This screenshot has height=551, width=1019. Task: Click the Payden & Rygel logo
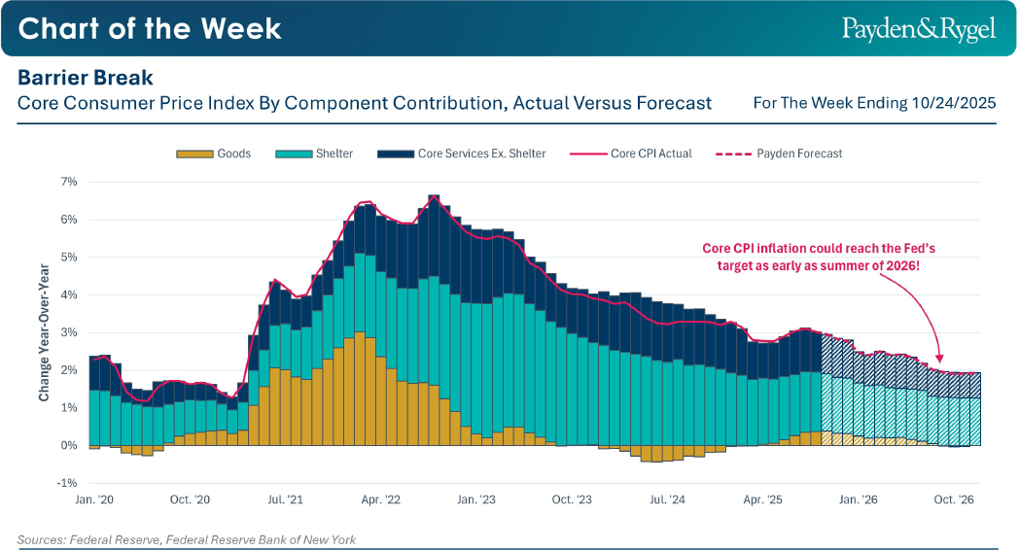pyautogui.click(x=918, y=29)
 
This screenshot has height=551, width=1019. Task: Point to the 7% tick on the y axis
pyautogui.click(x=69, y=182)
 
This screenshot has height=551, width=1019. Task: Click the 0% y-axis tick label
pyautogui.click(x=69, y=445)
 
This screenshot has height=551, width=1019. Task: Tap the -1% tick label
pyautogui.click(x=67, y=483)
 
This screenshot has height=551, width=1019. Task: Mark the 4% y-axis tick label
pyautogui.click(x=69, y=294)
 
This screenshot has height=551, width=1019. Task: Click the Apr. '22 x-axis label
pyautogui.click(x=380, y=499)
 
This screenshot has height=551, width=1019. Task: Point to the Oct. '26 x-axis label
pyautogui.click(x=954, y=499)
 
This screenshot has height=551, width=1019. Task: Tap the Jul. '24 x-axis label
pyautogui.click(x=667, y=499)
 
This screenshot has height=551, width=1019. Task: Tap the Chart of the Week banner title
pyautogui.click(x=150, y=28)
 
